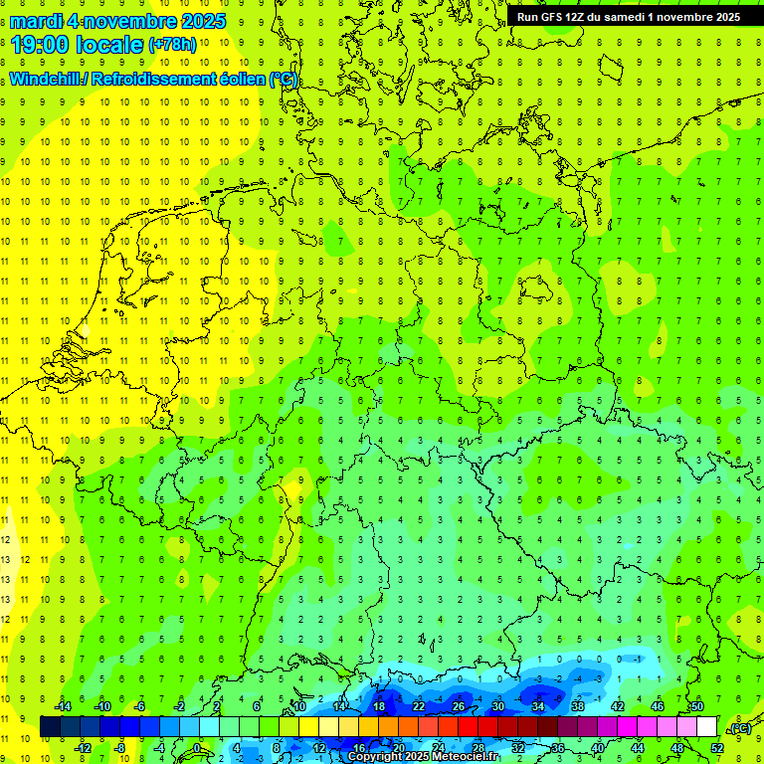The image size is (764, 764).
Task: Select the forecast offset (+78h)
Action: [x=171, y=46]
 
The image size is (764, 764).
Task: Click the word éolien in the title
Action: [x=242, y=80]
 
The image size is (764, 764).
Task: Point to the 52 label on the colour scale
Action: [x=716, y=748]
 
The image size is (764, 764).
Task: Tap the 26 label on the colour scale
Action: [x=459, y=706]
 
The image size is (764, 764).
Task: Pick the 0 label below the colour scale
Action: [x=197, y=748]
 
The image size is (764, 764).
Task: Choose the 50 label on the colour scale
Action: [x=696, y=706]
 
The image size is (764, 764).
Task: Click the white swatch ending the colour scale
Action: [x=706, y=727]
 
